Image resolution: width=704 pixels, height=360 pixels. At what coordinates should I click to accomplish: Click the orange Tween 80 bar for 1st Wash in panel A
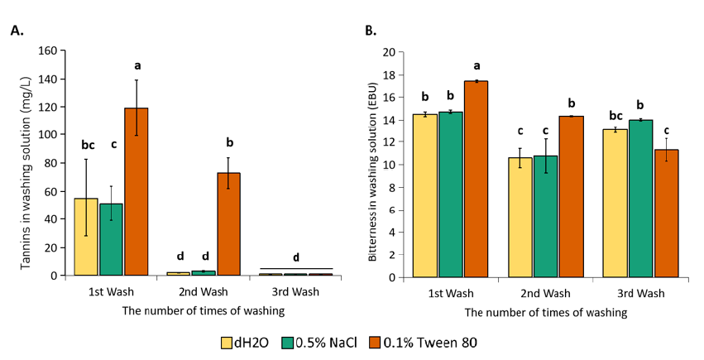pos(136,191)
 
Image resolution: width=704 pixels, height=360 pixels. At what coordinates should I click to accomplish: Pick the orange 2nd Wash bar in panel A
pos(229,223)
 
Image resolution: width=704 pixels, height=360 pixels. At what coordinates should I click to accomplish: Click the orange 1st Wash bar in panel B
pos(476,179)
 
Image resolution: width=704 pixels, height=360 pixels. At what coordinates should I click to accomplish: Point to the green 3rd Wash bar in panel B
pos(640,199)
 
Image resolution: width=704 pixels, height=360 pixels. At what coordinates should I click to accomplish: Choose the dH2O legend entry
pos(247,341)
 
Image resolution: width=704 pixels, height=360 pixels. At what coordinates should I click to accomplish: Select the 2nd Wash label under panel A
pos(204,292)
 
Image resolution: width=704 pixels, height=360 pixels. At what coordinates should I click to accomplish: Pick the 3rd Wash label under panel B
pos(641,294)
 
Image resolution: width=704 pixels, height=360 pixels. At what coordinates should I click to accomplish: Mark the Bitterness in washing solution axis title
pos(373,164)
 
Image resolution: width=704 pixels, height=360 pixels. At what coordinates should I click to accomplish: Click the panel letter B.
pos(371,31)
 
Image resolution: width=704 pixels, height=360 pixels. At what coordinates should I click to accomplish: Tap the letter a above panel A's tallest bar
pos(137,65)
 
